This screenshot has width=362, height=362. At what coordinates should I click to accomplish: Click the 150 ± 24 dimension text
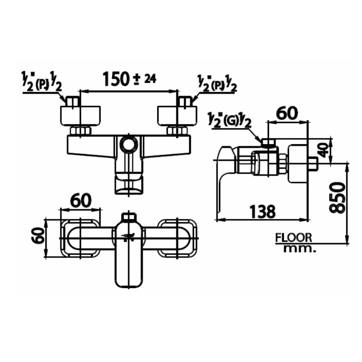129,79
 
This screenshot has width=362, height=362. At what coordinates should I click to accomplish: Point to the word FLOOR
293,238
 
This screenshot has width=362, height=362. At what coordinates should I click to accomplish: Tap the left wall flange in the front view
82,115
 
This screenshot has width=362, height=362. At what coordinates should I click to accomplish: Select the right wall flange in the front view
177,115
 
